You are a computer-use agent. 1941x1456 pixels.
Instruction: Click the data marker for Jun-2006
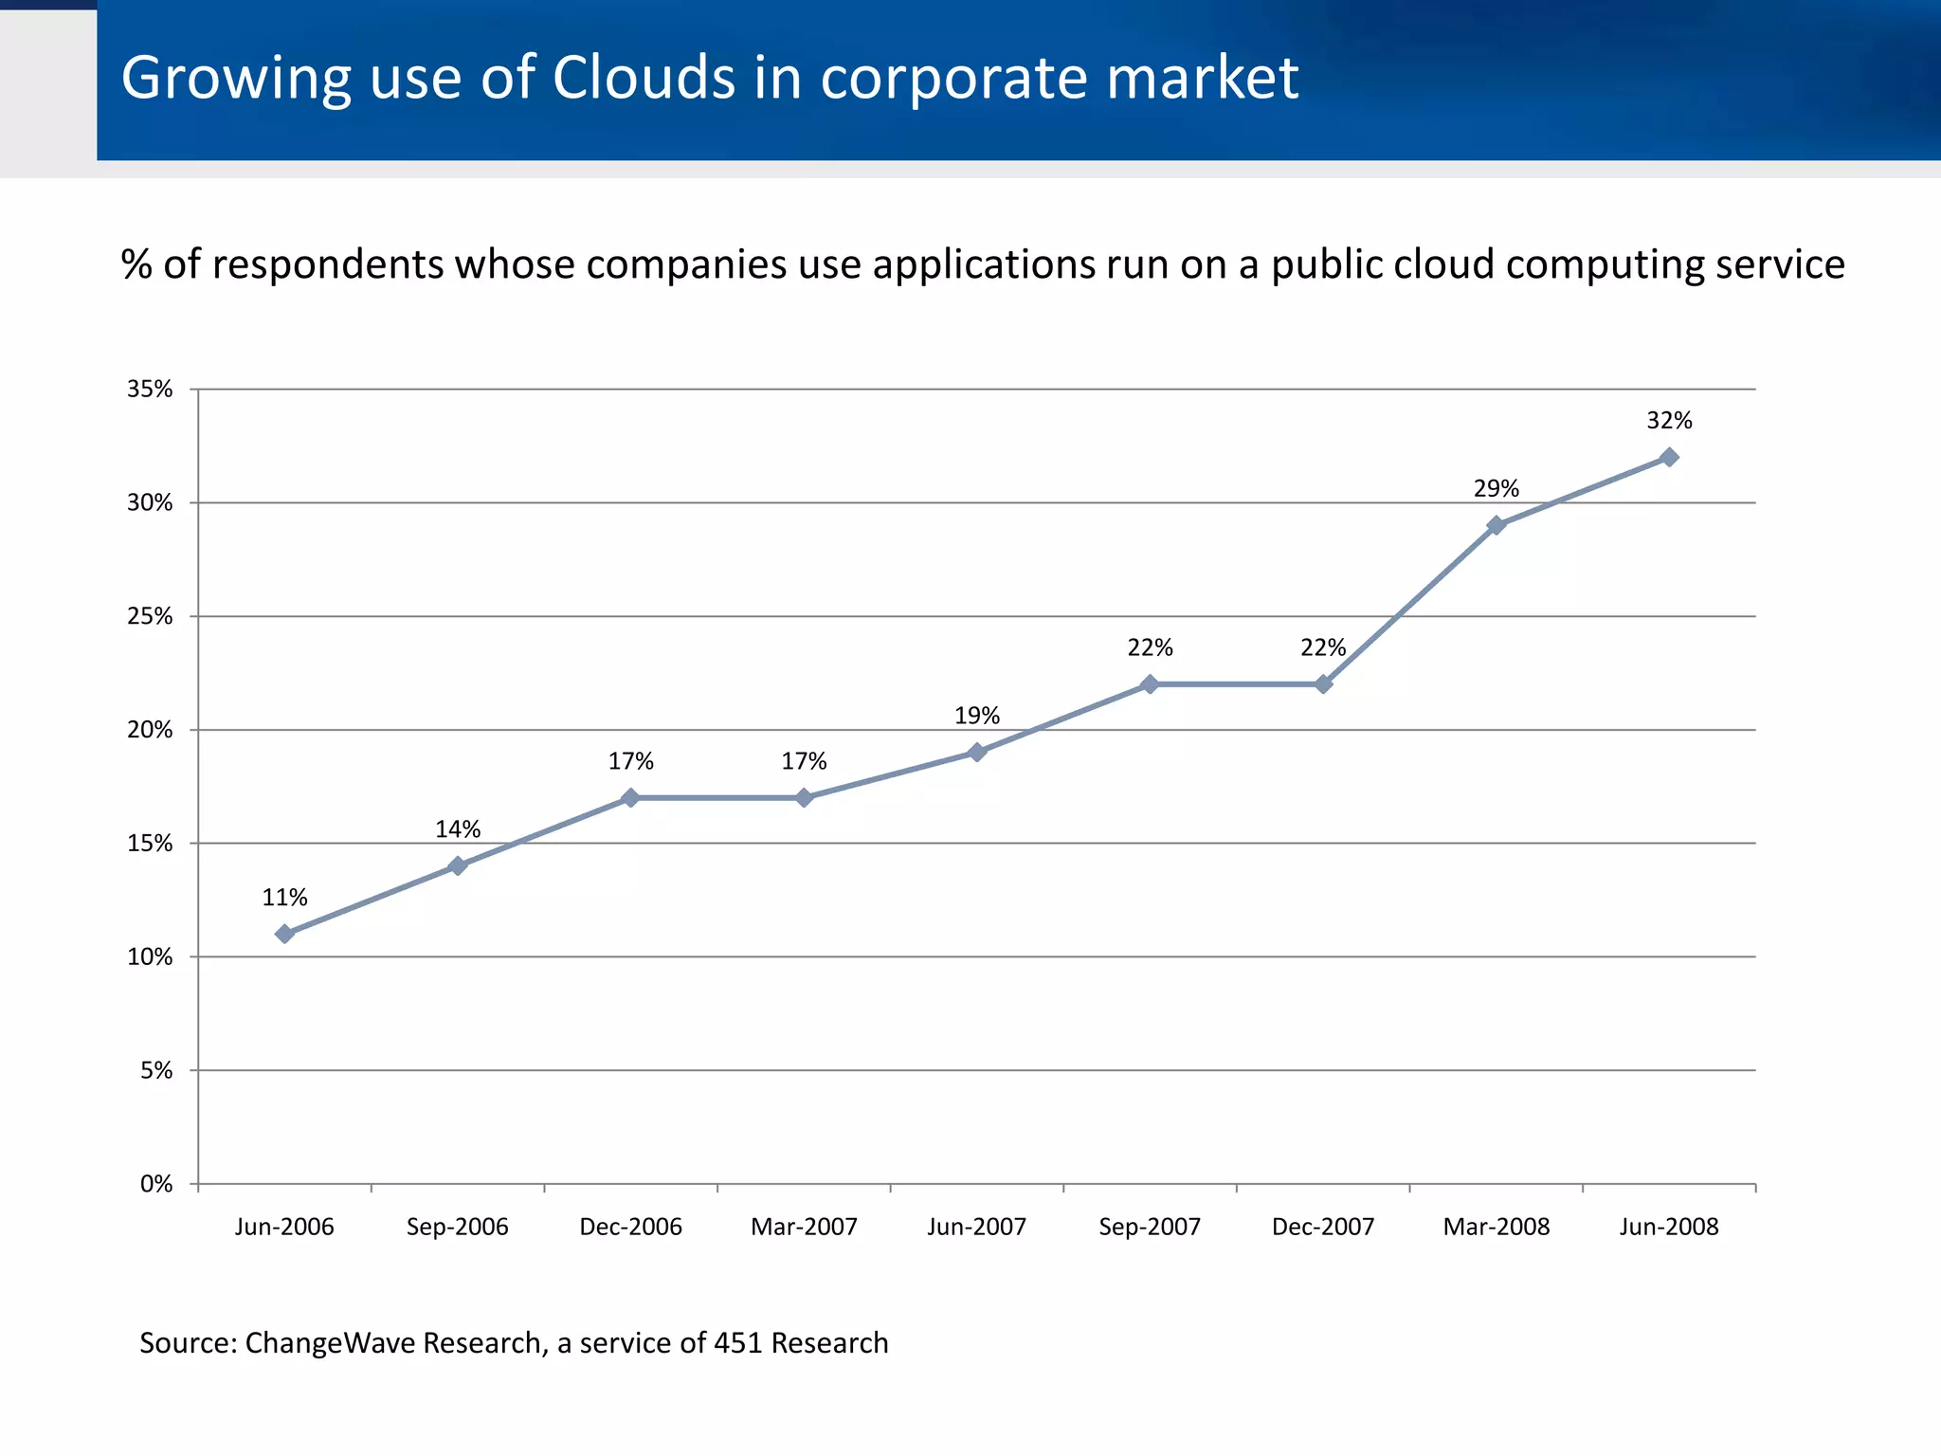coord(284,934)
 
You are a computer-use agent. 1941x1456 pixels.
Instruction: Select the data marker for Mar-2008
coord(1497,525)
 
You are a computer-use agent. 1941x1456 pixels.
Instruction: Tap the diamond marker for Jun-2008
coord(1669,457)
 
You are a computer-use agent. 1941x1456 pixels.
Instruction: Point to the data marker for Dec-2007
coord(1323,684)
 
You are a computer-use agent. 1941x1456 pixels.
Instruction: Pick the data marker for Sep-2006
coord(458,865)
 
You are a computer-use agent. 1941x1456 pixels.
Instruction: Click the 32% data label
coord(1669,421)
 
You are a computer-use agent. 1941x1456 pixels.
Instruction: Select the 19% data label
coord(977,716)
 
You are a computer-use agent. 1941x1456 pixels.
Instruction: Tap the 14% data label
coord(458,829)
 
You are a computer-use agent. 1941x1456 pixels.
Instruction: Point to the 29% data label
coord(1497,489)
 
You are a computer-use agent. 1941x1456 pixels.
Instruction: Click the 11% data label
coord(284,898)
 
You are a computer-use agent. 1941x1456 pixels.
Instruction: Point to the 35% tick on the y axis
coord(150,390)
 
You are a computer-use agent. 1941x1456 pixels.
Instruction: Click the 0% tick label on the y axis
coord(156,1184)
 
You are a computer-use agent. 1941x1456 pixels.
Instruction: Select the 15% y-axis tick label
coord(150,844)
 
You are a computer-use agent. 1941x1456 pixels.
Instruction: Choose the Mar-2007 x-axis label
coord(804,1227)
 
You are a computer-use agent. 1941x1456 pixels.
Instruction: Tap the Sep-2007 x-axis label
coord(1150,1227)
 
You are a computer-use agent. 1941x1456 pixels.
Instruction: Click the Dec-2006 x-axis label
coord(630,1227)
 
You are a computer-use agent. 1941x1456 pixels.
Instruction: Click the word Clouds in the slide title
coord(644,78)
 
